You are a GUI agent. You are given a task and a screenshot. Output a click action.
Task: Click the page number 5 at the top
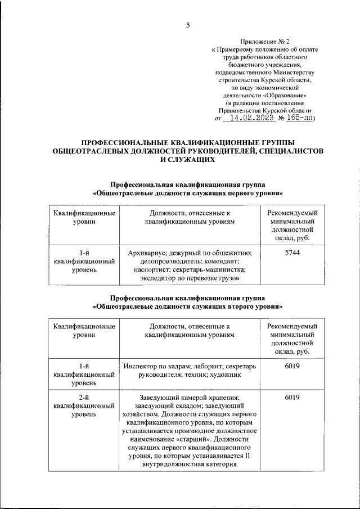[x=188, y=24]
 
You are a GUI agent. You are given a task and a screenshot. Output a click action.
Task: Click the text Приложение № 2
[x=262, y=41]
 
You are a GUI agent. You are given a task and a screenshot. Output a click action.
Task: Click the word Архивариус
[x=147, y=254]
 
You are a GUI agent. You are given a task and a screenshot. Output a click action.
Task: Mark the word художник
[x=225, y=373]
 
